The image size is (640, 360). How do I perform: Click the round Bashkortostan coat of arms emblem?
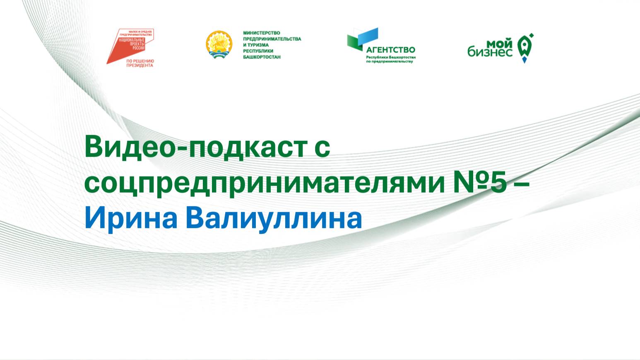point(219,44)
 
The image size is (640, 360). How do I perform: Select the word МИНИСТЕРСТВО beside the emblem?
point(261,33)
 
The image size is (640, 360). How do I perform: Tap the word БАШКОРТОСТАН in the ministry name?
point(262,57)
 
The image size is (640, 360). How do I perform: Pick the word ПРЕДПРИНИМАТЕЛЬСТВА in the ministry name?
point(272,39)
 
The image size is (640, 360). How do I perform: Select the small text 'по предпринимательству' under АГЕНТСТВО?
point(390,62)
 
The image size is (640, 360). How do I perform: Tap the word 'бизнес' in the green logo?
point(490,51)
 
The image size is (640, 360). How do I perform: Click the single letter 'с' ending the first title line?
point(323,148)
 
